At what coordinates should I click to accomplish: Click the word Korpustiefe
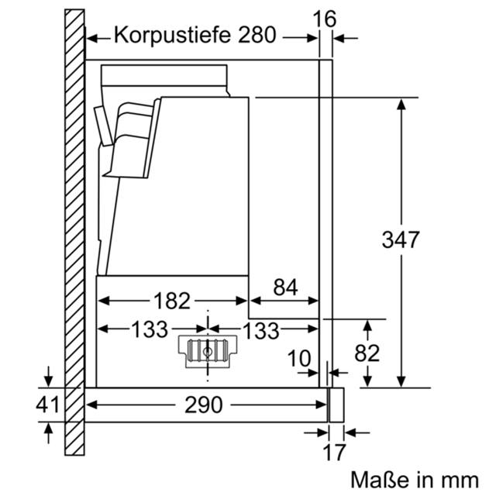pos(172,35)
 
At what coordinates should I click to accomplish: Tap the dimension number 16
pos(324,19)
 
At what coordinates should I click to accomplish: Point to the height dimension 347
pos(401,239)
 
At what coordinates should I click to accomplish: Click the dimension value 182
pos(172,301)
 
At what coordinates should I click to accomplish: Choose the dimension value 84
pos(285,288)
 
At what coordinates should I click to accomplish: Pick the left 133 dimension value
pos(150,329)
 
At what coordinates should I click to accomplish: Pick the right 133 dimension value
pos(260,331)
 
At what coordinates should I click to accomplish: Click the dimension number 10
pos(299,359)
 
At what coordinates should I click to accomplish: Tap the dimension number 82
pos(367,353)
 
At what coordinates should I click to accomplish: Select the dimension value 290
pos(203,405)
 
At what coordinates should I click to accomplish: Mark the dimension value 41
pos(47,404)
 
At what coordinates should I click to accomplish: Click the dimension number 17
pos(334,453)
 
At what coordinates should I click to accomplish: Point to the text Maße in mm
pos(415,480)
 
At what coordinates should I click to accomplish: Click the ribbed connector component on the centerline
pos(208,352)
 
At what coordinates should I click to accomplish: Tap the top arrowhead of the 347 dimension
pos(401,105)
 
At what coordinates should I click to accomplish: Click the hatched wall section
pos(74,232)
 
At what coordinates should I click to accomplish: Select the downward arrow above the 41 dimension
pos(48,377)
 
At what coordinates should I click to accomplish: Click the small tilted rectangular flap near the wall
pos(103,126)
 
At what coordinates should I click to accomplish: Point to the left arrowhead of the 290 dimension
pos(92,405)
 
